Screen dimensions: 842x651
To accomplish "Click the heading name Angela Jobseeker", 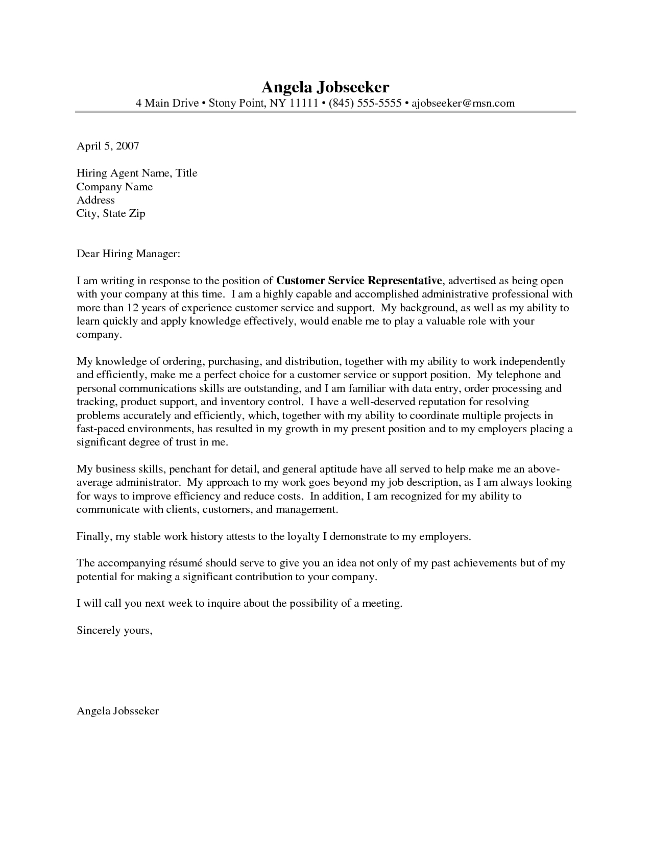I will [325, 86].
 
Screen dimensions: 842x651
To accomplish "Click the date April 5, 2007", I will [108, 146].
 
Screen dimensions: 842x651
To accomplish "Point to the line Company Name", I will [114, 187].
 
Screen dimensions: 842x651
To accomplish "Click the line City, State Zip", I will [111, 213].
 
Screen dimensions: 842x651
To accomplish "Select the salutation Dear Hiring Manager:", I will [128, 254].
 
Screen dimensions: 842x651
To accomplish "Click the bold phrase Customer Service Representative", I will [358, 281].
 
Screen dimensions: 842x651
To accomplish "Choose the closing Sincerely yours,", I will [114, 630].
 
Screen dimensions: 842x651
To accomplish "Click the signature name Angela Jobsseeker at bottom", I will [117, 710].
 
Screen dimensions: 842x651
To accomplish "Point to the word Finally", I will [93, 537].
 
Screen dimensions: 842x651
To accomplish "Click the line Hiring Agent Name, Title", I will [137, 173].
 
